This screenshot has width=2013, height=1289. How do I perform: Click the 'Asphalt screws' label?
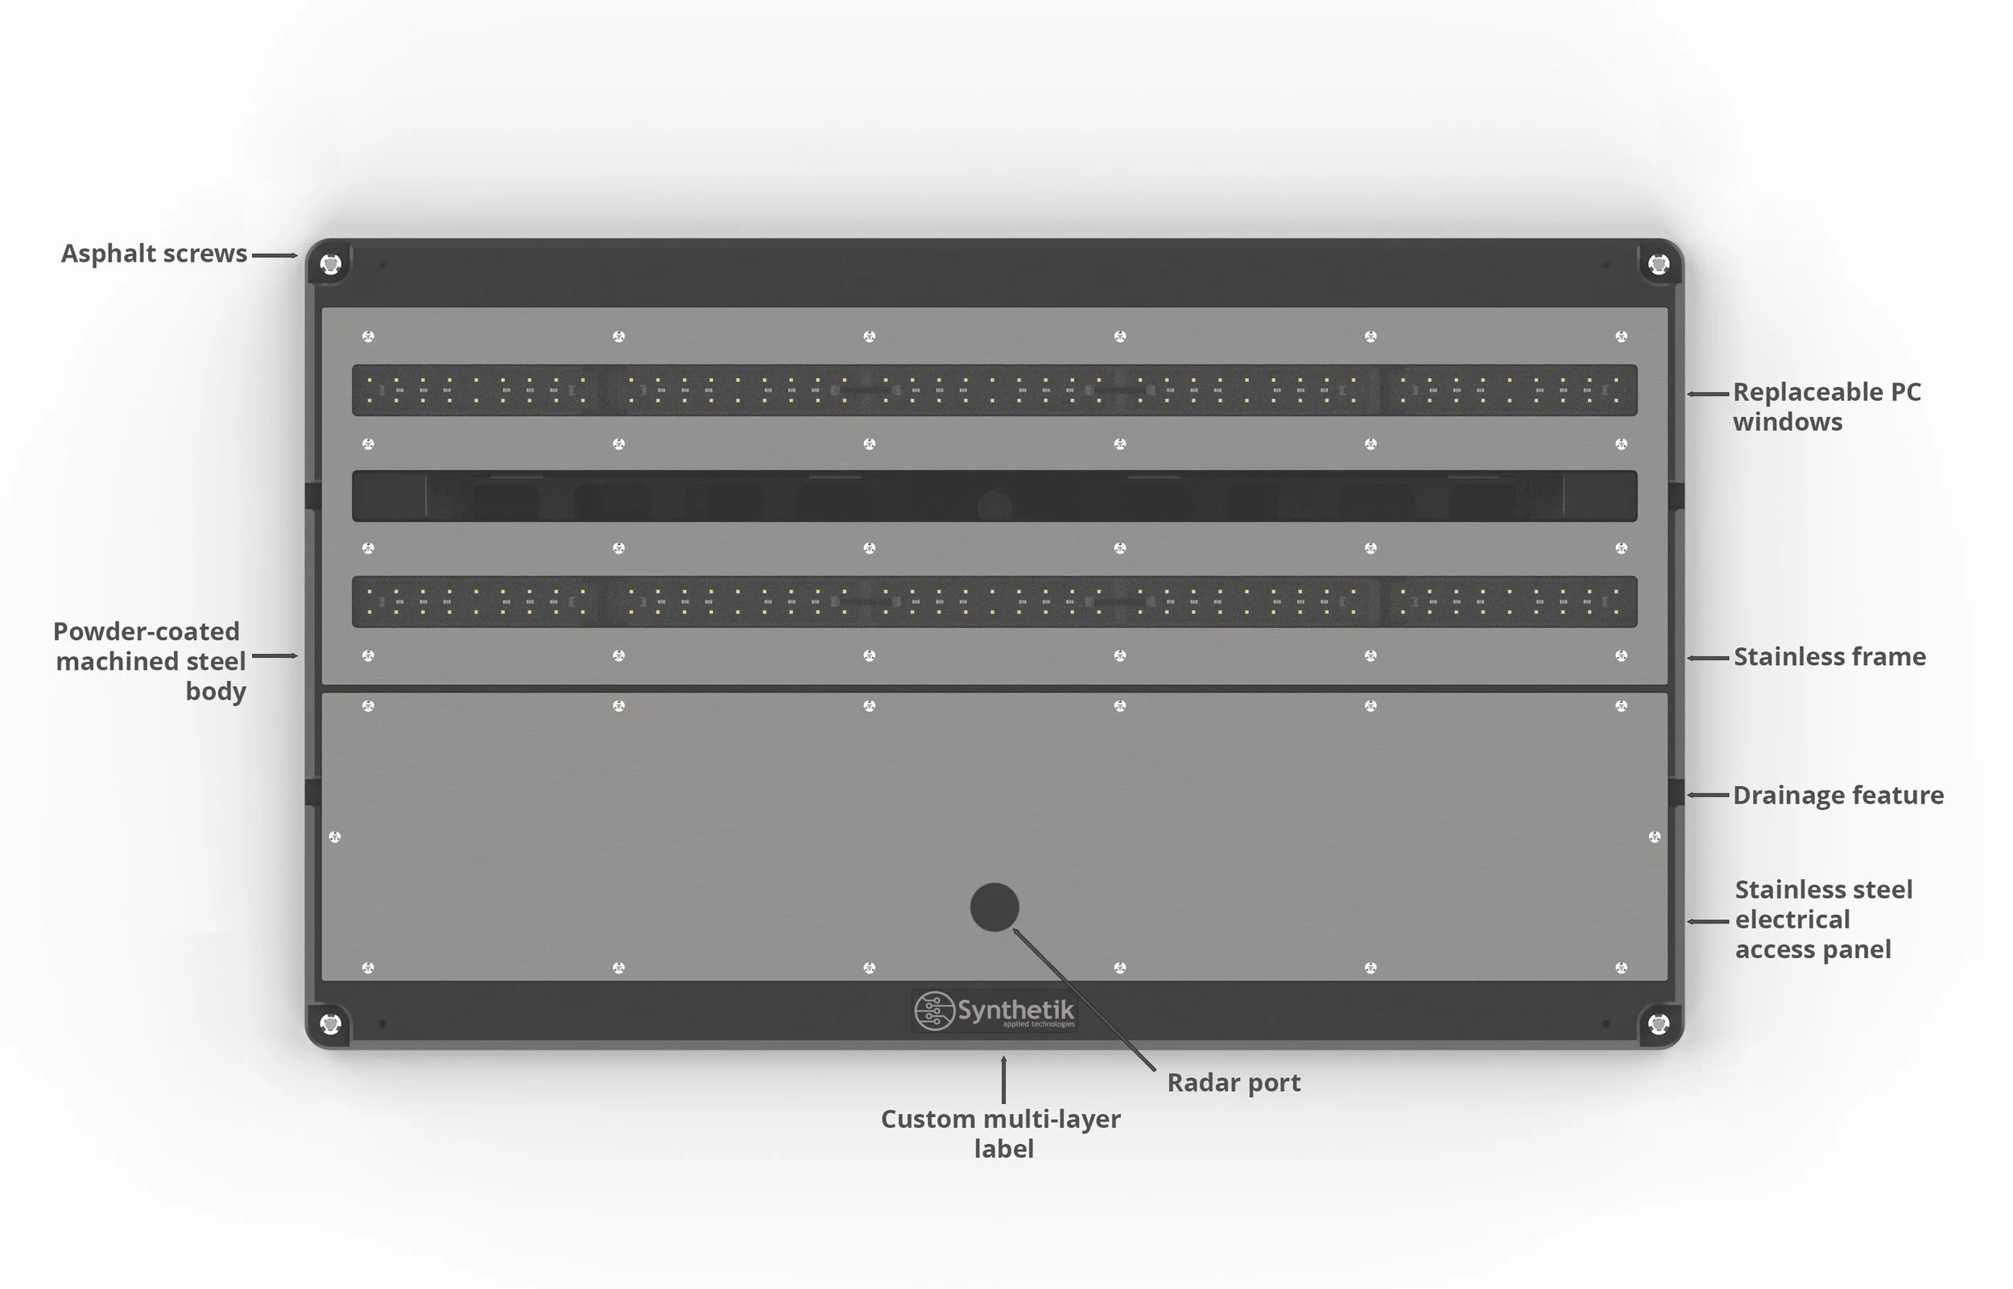(154, 254)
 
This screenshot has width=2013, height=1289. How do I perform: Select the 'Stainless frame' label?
(1829, 657)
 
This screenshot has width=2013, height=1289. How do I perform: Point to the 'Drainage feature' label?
(1837, 795)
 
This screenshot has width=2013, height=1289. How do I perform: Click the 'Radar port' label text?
(1233, 1083)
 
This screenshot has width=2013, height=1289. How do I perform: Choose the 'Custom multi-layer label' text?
(1000, 1134)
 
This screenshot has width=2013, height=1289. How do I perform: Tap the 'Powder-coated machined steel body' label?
(149, 661)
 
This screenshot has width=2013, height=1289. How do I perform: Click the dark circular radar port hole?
(994, 907)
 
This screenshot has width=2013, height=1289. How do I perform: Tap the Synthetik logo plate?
(994, 1011)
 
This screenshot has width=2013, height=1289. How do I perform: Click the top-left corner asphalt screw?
(331, 265)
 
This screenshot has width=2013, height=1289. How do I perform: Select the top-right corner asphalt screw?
(1658, 265)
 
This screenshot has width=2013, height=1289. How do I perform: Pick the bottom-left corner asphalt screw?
(331, 1023)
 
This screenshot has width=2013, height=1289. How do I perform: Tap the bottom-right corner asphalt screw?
(1658, 1023)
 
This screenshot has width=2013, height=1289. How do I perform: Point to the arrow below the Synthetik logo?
(1003, 1080)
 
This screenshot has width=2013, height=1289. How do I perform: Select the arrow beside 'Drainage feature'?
(1708, 795)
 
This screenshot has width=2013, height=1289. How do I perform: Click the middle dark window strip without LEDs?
(994, 496)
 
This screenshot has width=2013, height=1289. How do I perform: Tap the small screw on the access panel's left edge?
(335, 837)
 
